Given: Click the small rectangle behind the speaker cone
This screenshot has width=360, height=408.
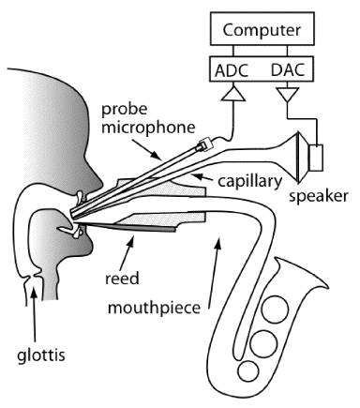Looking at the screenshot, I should pos(316,158).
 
